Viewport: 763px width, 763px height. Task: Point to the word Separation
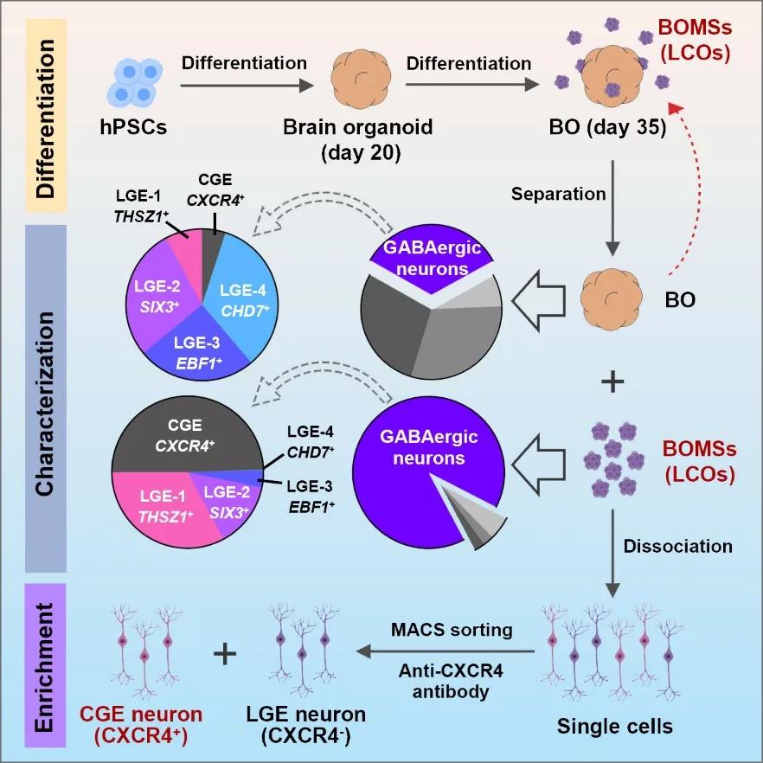pos(559,194)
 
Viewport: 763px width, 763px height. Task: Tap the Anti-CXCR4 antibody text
pos(452,682)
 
